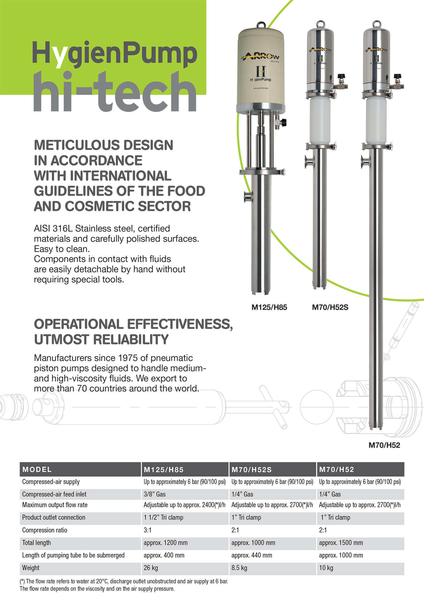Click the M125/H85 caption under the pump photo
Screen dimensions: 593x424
(269, 307)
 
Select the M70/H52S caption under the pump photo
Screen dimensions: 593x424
(330, 307)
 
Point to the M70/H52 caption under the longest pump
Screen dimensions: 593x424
(384, 445)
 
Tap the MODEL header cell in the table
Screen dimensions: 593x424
(37, 470)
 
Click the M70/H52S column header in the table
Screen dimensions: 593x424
(251, 470)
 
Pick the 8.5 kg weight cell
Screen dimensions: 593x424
(239, 568)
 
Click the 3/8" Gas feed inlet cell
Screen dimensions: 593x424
(155, 494)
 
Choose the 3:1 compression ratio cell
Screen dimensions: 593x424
(148, 530)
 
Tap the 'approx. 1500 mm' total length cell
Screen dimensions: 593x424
(341, 543)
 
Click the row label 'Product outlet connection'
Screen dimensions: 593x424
(54, 517)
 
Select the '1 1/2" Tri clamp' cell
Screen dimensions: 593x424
(163, 517)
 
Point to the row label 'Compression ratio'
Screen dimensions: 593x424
(45, 530)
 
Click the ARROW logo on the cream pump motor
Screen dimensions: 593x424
(261, 56)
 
